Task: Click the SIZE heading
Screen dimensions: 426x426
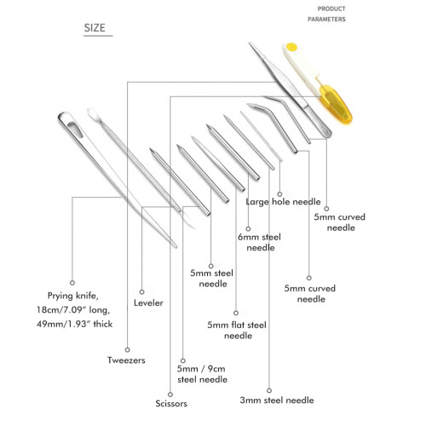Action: click(95, 28)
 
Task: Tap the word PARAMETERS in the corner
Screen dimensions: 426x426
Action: click(326, 20)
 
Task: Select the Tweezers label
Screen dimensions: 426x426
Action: click(126, 360)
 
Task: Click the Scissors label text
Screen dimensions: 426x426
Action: click(171, 403)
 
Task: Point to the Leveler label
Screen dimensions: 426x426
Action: click(148, 302)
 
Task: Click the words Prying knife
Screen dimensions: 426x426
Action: click(72, 296)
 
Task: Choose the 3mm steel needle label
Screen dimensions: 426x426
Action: click(277, 400)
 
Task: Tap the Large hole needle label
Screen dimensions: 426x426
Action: click(283, 202)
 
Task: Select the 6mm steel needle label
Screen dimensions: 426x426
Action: click(260, 242)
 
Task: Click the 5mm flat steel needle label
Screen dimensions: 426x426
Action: click(237, 330)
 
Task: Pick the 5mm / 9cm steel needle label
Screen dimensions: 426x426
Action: click(202, 374)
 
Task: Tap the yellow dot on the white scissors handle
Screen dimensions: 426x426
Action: click(291, 47)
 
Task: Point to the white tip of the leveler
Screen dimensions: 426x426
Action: click(93, 114)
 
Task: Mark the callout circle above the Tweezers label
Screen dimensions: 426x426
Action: click(128, 349)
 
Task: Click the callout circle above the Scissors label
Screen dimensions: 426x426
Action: click(170, 394)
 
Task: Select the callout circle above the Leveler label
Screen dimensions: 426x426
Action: click(141, 292)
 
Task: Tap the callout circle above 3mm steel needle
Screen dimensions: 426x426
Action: click(269, 390)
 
